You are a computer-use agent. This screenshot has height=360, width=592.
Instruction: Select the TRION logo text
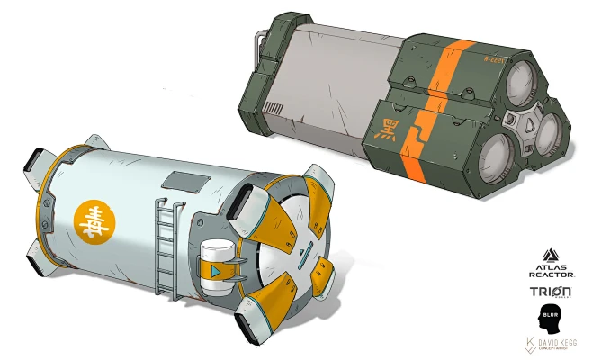tap(552, 293)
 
